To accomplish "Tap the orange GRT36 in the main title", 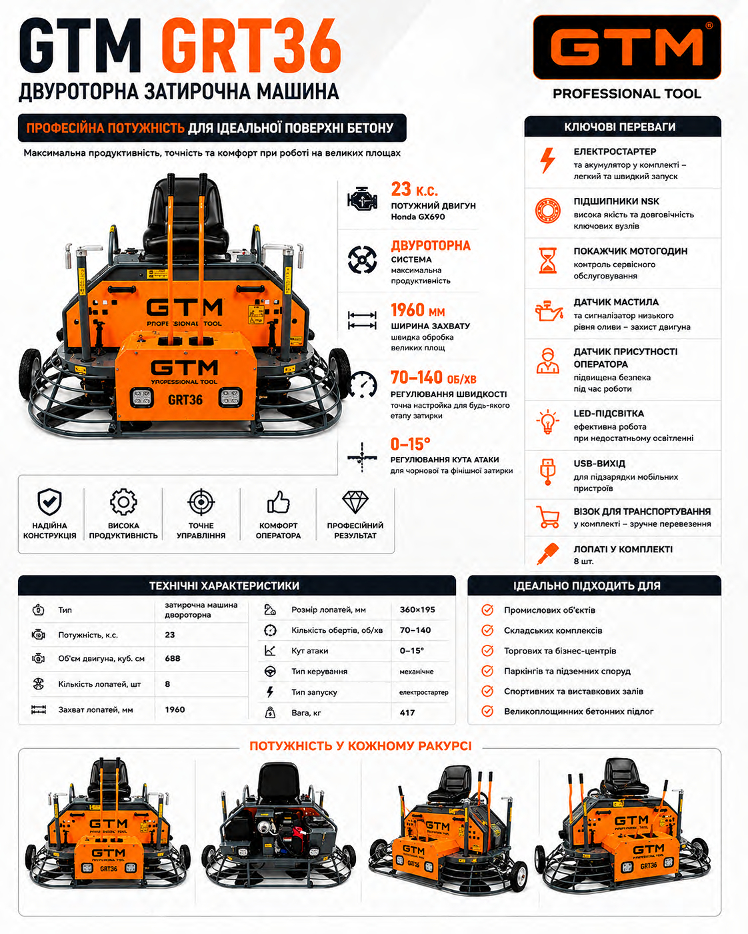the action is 251,46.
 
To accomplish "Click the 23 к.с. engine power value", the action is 414,189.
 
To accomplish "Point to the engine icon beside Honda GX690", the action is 362,199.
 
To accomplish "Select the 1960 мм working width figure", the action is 417,310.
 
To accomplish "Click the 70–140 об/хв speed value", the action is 433,378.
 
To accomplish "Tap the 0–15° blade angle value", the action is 410,444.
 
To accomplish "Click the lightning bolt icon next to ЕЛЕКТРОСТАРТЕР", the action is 547,161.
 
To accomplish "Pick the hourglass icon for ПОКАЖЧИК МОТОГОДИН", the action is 547,260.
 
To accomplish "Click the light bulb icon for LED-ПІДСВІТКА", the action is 547,422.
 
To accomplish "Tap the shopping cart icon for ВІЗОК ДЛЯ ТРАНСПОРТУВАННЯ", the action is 547,517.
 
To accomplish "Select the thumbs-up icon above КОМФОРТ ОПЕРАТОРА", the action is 278,502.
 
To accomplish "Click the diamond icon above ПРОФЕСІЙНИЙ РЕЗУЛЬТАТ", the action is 355,502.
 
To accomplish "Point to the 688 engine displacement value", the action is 173,658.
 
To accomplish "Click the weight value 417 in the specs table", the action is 407,713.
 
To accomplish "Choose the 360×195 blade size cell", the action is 417,610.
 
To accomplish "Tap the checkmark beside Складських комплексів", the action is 487,630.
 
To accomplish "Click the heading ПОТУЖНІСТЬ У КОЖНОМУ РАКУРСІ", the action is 360,746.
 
